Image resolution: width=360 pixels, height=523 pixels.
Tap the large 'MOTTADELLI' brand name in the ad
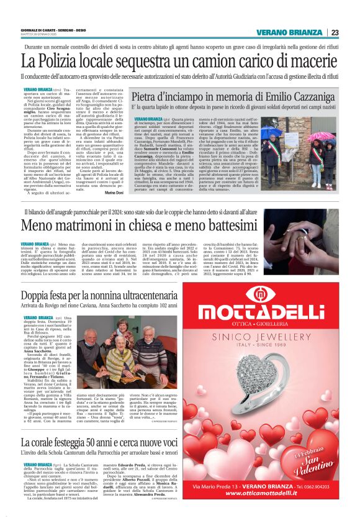[x=270, y=312]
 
